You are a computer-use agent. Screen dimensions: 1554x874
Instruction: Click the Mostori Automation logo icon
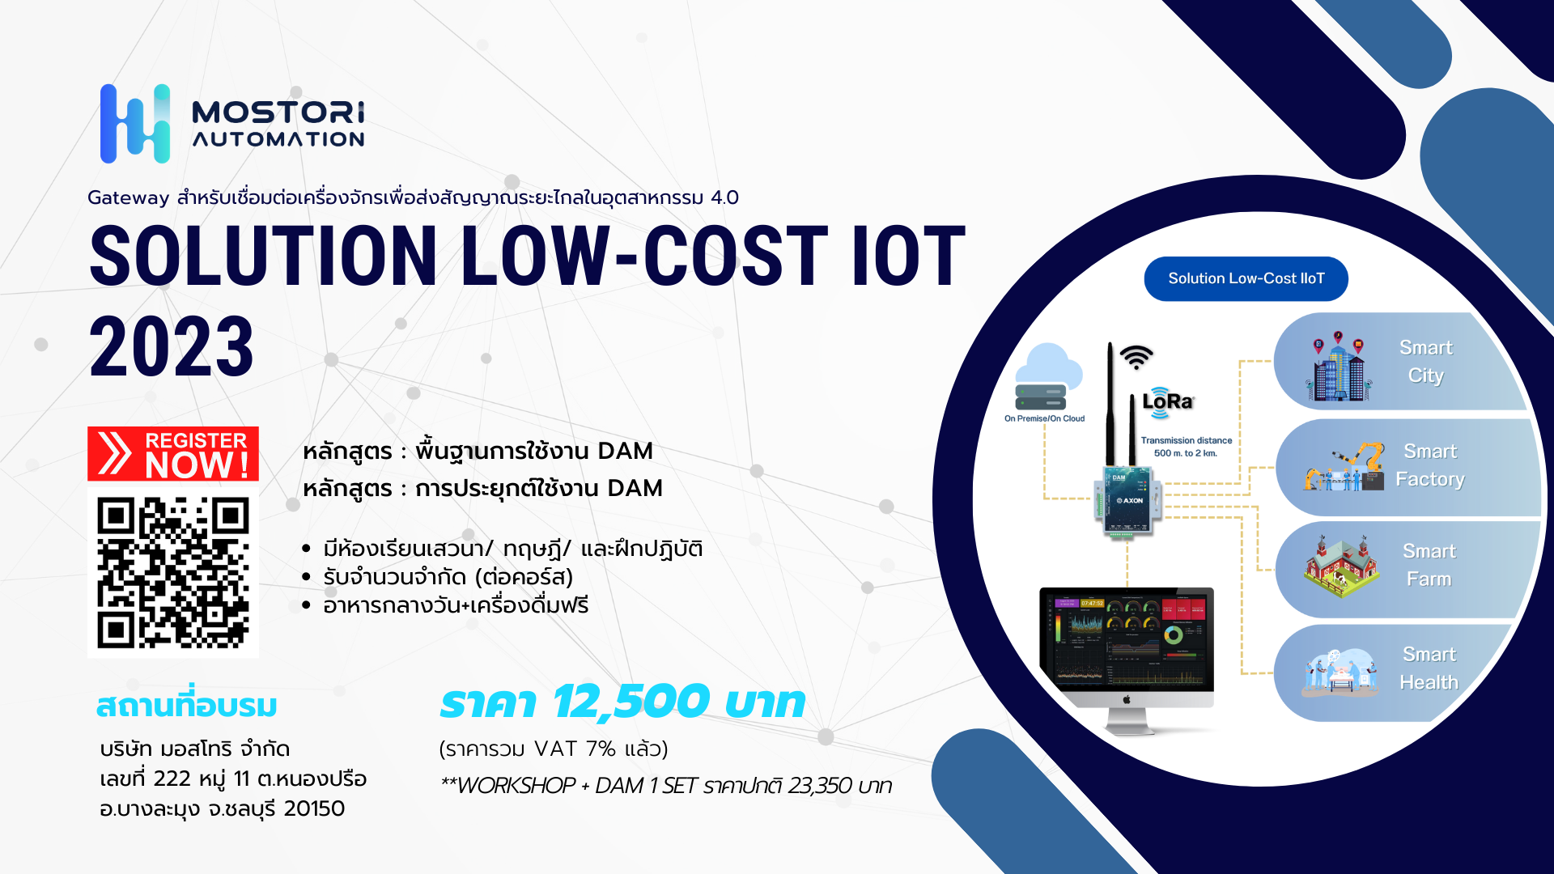pos(135,124)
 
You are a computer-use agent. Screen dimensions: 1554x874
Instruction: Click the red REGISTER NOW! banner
pos(173,454)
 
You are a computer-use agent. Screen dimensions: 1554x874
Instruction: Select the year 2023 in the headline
pos(172,346)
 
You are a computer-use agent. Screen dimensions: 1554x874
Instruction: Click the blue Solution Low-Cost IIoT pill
pos(1246,278)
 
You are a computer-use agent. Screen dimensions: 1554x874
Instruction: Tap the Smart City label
pos(1425,362)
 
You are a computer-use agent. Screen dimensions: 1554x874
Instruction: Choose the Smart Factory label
pos(1430,465)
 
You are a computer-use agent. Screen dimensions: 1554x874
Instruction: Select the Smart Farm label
pos(1429,565)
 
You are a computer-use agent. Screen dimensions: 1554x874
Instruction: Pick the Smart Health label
pos(1429,668)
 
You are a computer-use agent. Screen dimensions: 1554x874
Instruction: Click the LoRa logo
pos(1167,401)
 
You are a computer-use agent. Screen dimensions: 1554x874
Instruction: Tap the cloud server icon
pos(1048,377)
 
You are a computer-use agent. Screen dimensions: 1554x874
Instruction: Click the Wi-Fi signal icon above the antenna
pos(1136,357)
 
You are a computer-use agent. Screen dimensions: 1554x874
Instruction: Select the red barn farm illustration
pos(1341,566)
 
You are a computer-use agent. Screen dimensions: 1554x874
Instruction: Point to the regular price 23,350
pos(820,786)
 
